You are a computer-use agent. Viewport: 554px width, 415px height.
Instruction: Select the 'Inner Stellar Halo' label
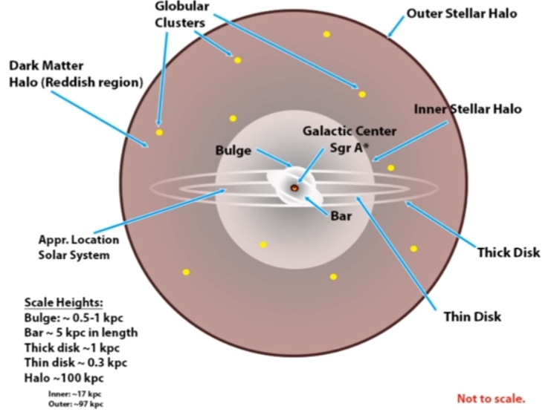coord(467,109)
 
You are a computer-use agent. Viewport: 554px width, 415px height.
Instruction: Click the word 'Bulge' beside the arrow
coord(233,150)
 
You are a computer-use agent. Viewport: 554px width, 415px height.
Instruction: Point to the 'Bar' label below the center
coord(341,218)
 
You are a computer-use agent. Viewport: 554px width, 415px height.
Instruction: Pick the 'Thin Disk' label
coord(472,316)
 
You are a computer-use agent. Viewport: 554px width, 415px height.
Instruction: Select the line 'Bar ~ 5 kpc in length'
coord(81,332)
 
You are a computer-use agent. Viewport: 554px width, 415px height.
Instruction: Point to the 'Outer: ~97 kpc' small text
coord(74,403)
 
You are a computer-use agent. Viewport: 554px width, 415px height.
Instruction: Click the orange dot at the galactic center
coord(294,189)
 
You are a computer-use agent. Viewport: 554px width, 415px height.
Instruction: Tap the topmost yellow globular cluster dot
coord(326,34)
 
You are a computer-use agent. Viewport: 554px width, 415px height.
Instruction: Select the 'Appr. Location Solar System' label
coord(74,248)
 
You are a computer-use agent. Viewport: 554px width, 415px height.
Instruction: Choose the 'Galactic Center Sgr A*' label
coord(349,139)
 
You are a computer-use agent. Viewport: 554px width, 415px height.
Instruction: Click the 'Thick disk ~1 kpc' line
coord(72,347)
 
